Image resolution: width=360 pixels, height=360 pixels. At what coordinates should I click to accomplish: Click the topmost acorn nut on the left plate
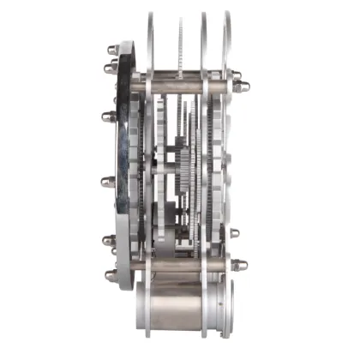(111, 49)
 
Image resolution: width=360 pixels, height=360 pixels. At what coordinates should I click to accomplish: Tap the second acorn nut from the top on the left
(111, 68)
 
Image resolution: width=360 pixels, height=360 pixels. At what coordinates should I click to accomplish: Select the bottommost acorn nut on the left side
(111, 276)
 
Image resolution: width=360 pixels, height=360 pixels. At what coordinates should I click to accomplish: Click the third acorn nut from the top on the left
(109, 115)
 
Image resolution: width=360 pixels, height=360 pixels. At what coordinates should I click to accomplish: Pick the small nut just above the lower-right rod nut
(234, 233)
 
